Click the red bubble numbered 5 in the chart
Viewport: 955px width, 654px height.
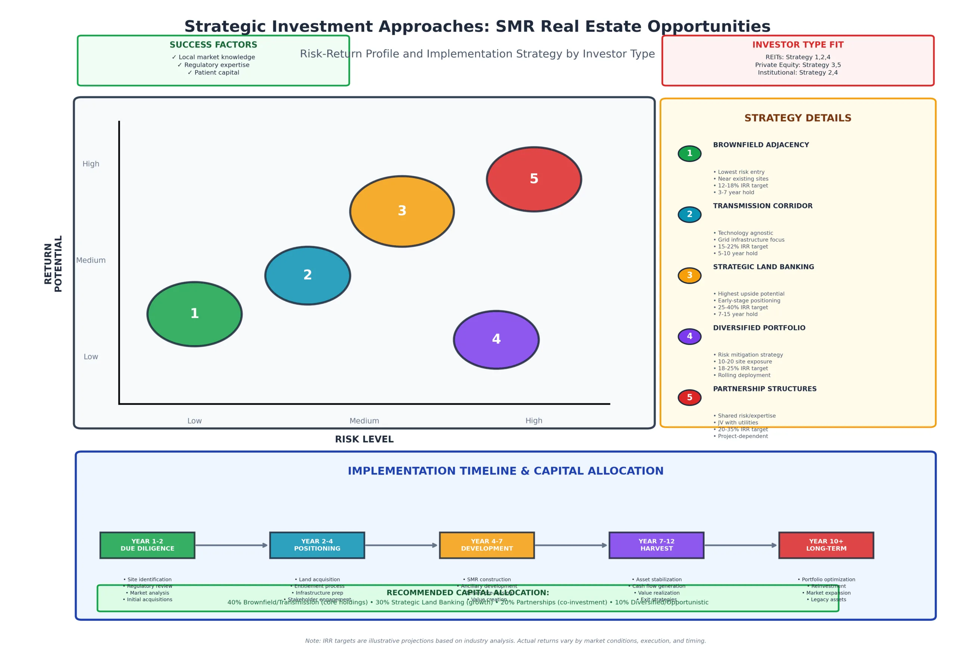(x=534, y=179)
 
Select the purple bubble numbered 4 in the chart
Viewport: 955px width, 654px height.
(x=496, y=339)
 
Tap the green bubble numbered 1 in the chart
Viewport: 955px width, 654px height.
(x=194, y=314)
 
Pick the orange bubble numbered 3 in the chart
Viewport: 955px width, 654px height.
(x=402, y=211)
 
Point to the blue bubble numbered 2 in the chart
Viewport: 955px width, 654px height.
(x=307, y=275)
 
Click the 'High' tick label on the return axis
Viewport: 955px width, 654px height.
(x=91, y=164)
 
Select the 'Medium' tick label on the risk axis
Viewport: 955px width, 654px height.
(x=364, y=420)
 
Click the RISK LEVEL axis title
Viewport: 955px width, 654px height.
(x=364, y=439)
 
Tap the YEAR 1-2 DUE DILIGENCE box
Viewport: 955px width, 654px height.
(x=147, y=545)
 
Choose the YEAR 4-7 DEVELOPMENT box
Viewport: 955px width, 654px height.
(x=486, y=545)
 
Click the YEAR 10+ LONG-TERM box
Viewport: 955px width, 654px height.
(x=826, y=545)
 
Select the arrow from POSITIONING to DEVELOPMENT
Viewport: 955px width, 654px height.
(x=401, y=545)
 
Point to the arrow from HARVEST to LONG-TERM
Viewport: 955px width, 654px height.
(x=740, y=545)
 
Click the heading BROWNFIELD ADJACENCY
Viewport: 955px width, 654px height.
(x=761, y=145)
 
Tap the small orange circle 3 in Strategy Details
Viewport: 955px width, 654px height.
(x=689, y=275)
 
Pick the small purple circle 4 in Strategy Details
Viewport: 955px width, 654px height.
(x=689, y=336)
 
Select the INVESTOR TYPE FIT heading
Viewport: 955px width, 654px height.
(x=798, y=45)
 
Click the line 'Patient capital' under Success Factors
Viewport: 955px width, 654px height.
(x=213, y=73)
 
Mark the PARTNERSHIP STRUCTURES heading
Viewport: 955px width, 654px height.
(x=764, y=389)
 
